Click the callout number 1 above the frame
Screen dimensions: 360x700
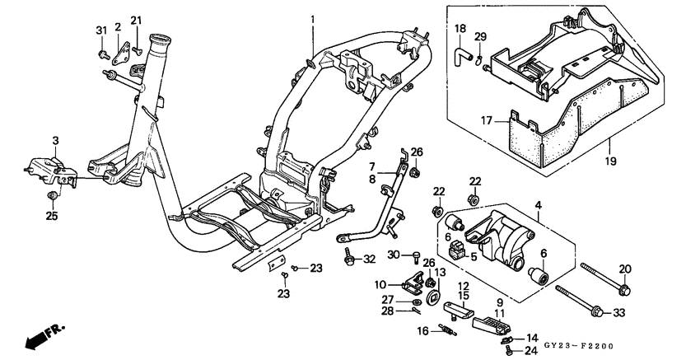click(x=313, y=19)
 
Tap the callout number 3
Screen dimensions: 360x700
click(x=55, y=141)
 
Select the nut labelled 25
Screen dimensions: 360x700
click(x=53, y=195)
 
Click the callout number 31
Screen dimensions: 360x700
click(x=102, y=31)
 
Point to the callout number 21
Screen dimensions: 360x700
click(x=137, y=20)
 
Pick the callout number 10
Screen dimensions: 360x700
click(x=380, y=285)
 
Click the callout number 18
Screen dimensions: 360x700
click(x=460, y=29)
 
